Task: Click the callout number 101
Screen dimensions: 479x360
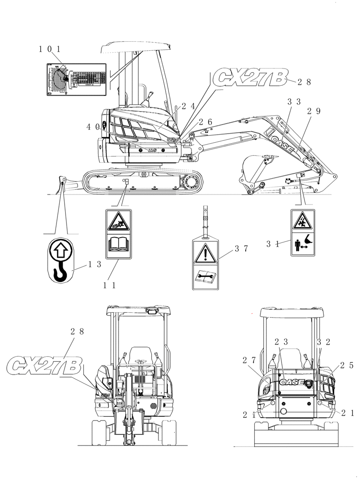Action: [x=49, y=49]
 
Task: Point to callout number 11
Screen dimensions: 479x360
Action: [x=111, y=285]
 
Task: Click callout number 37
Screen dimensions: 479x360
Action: [x=241, y=249]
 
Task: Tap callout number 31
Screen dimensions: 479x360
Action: [x=273, y=243]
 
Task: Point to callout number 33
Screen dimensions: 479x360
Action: [x=294, y=102]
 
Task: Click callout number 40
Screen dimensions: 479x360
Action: [x=93, y=127]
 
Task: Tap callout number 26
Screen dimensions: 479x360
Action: [x=205, y=122]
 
